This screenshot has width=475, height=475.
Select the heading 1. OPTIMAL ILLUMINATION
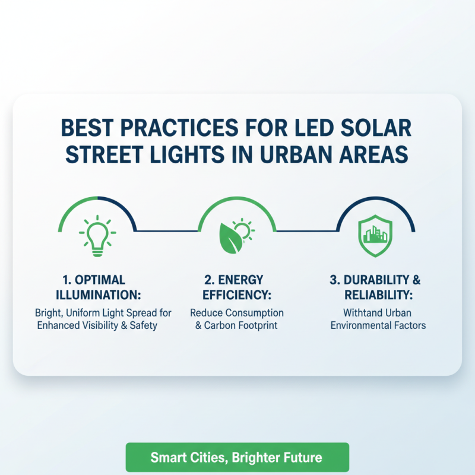(97, 286)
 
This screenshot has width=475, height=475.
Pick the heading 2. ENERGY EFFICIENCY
(237, 286)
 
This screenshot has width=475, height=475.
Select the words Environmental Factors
(378, 325)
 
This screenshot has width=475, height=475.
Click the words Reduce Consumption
(237, 313)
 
